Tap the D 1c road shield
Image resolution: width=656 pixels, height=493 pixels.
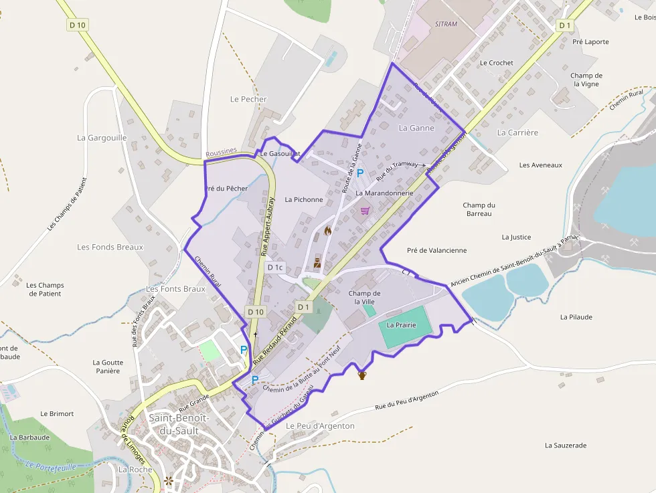(x=275, y=268)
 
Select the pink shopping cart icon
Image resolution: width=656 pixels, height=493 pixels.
(x=365, y=210)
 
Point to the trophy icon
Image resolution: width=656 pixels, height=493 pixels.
(x=362, y=375)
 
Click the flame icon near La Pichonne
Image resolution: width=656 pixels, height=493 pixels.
(x=327, y=231)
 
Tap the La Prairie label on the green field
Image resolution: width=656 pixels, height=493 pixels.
(x=402, y=325)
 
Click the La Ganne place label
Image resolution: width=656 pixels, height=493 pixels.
(x=416, y=128)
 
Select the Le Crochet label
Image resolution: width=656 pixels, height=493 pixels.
(x=497, y=63)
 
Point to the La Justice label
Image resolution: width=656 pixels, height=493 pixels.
(x=516, y=237)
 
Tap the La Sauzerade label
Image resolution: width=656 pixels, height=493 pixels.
(x=566, y=445)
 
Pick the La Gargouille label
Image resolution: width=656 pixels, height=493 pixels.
(x=102, y=138)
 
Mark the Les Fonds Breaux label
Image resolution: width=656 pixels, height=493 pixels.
(x=110, y=247)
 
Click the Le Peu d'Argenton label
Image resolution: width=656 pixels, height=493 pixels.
(x=320, y=425)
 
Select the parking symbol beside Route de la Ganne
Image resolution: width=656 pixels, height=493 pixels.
(x=359, y=173)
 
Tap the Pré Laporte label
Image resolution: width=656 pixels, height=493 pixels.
(x=591, y=41)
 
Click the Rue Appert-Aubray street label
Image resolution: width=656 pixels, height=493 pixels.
(x=267, y=227)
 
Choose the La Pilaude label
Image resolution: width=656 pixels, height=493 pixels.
(x=576, y=317)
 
